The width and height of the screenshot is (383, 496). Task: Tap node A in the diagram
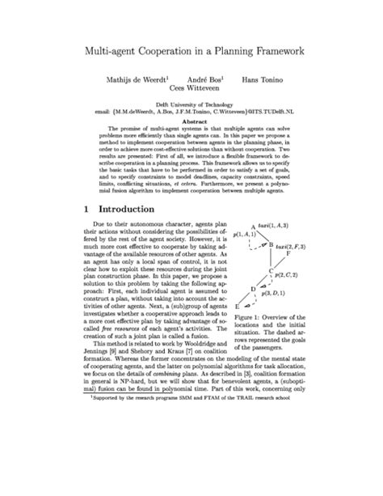(253, 226)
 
